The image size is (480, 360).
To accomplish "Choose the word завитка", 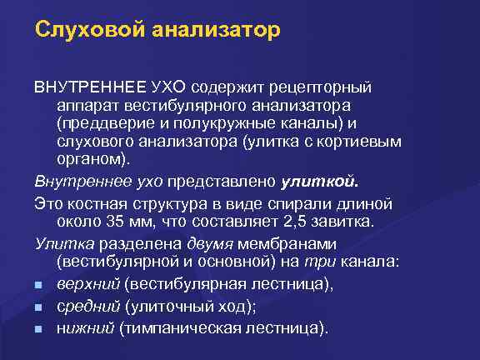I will point(352,220).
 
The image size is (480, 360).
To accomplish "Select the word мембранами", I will point(286,243).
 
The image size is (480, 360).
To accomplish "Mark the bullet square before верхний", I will point(40,285).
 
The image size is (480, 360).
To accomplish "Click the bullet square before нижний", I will point(40,327).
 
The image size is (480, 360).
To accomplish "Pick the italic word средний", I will point(88,306).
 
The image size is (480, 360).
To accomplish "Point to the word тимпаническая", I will point(183,327).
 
